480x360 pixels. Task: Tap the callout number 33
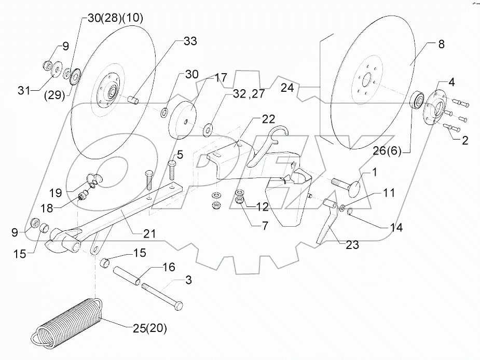click(x=190, y=41)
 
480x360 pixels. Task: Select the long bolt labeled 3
click(x=161, y=297)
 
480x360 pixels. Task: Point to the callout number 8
click(x=441, y=45)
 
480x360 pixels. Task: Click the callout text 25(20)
click(x=146, y=328)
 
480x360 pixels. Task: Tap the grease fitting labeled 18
click(x=81, y=196)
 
